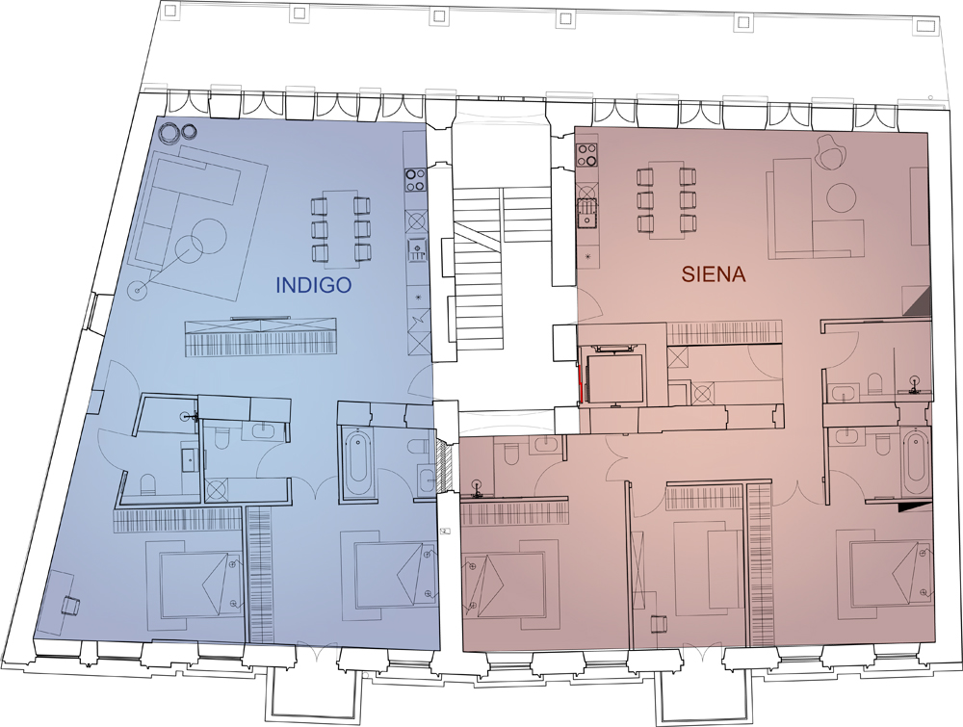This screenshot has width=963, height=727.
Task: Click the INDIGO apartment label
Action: coord(313,286)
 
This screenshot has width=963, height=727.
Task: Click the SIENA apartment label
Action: coord(713,273)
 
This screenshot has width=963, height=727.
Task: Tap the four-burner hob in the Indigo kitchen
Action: coord(416,179)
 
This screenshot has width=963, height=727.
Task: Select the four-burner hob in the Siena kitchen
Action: coord(587,154)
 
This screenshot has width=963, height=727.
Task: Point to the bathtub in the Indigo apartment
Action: coord(358,465)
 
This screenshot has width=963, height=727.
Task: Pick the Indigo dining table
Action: coord(341,229)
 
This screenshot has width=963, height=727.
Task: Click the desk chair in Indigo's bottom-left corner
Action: coord(70,604)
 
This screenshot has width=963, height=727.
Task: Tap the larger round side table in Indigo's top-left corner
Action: coord(167,132)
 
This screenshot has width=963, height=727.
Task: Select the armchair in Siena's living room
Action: coord(830,150)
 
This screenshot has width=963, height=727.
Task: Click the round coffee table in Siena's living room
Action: coord(841,196)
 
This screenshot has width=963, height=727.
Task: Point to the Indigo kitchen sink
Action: coord(416,249)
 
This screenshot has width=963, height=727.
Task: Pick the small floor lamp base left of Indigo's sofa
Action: coord(138,290)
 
